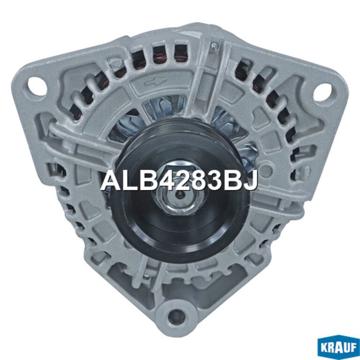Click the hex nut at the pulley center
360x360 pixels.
click(180, 195)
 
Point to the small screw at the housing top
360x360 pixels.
click(215, 46)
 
